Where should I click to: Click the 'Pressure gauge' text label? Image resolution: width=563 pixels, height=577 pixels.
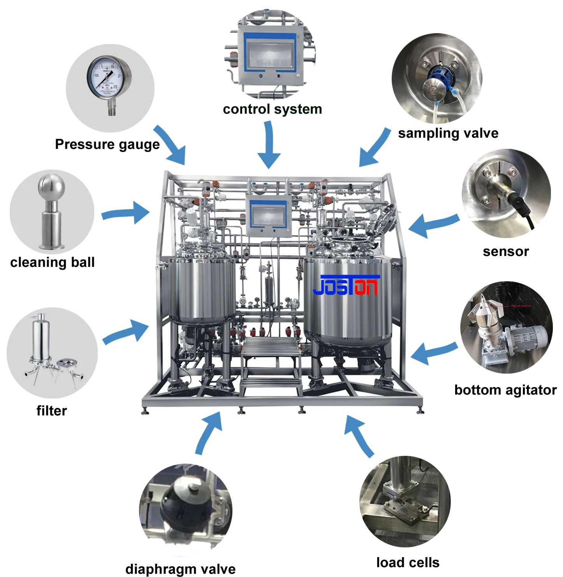107,145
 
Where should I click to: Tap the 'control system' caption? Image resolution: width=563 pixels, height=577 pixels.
272,109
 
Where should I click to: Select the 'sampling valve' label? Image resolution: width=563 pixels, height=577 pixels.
448,134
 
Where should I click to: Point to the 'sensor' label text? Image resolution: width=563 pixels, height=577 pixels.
506,252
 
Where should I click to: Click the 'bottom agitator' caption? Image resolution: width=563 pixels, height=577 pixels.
505,390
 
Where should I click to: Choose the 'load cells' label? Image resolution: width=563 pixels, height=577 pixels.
408,563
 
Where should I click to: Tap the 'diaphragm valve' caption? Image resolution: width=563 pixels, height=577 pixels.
180,569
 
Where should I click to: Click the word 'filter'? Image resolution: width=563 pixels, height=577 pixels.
52,411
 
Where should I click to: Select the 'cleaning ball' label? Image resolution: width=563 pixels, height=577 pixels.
53,262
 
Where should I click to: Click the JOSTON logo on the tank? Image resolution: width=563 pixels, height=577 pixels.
346,286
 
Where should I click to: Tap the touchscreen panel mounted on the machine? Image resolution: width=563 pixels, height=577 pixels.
268,215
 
